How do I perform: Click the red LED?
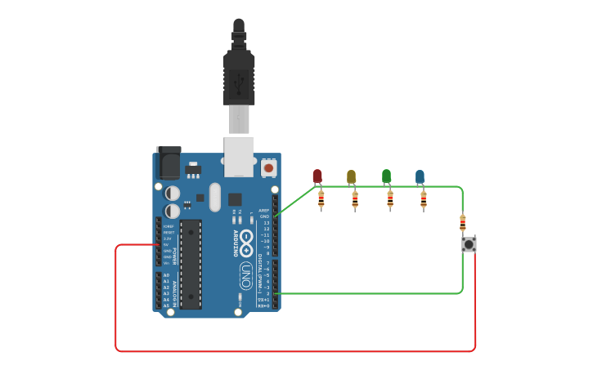[x=317, y=176]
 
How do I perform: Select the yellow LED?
[x=352, y=176]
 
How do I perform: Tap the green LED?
[x=386, y=176]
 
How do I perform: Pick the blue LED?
[x=420, y=176]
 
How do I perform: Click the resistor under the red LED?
[x=321, y=198]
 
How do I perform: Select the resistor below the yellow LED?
[x=355, y=198]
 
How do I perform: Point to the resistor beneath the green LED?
[x=390, y=198]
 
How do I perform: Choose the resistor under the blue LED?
[x=424, y=198]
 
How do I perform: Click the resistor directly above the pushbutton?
[x=463, y=222]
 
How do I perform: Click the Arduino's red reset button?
[x=268, y=169]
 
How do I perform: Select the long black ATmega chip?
[x=191, y=263]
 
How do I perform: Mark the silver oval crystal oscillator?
[x=215, y=197]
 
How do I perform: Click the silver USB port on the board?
[x=239, y=157]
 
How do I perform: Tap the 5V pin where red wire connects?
[x=159, y=244]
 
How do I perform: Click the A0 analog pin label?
[x=166, y=275]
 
